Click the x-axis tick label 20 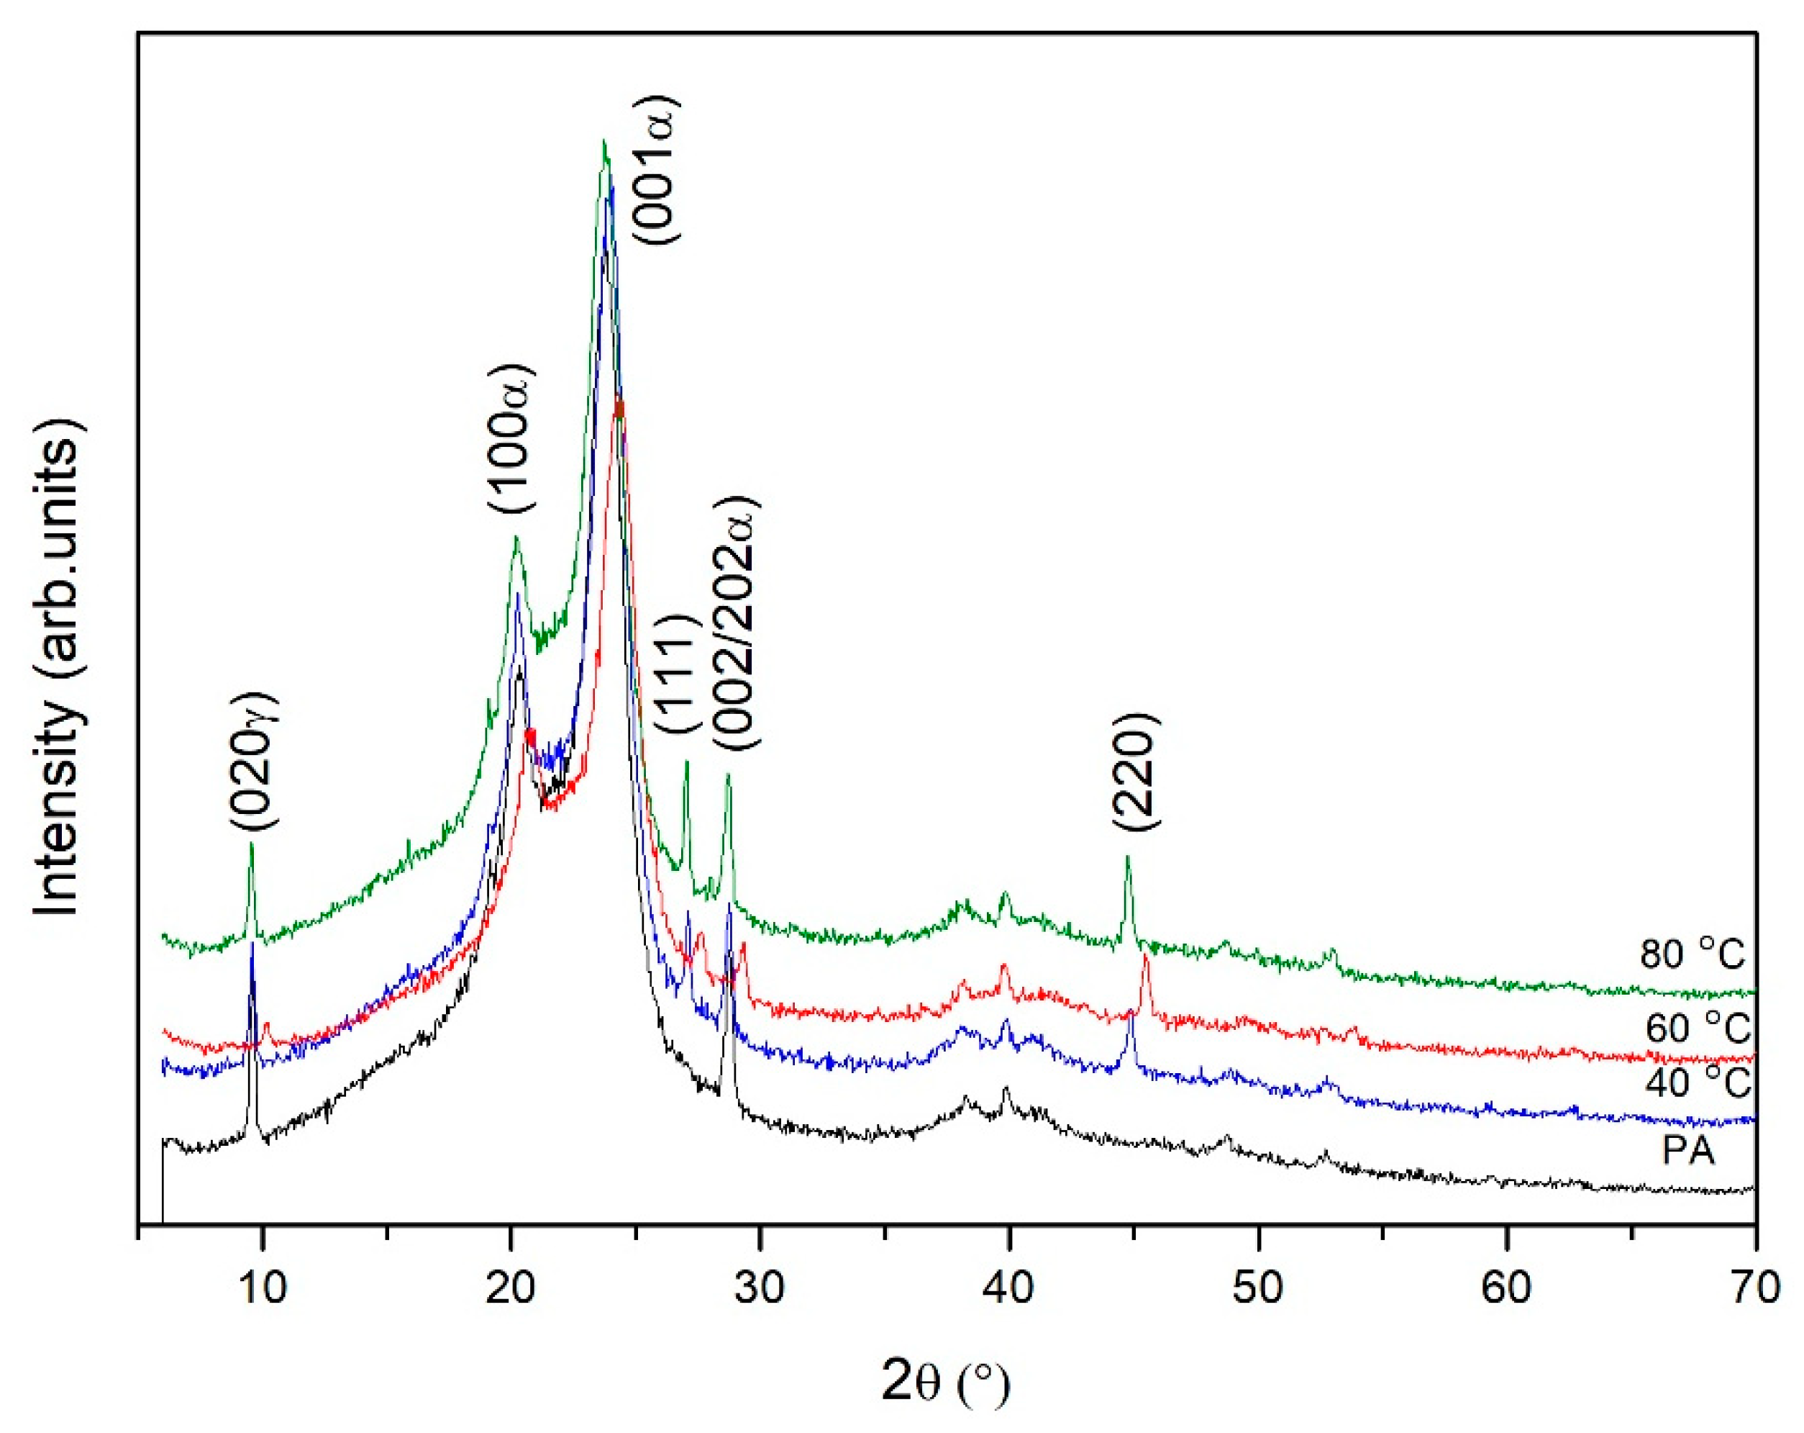click(x=511, y=1289)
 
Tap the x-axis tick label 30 click(x=760, y=1289)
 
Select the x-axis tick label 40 click(x=1008, y=1289)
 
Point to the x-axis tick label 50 click(x=1257, y=1289)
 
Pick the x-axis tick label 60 click(x=1506, y=1289)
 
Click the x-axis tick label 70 click(x=1754, y=1289)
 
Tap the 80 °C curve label click(x=1692, y=954)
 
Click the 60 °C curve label click(x=1697, y=1028)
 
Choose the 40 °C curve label click(x=1697, y=1083)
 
